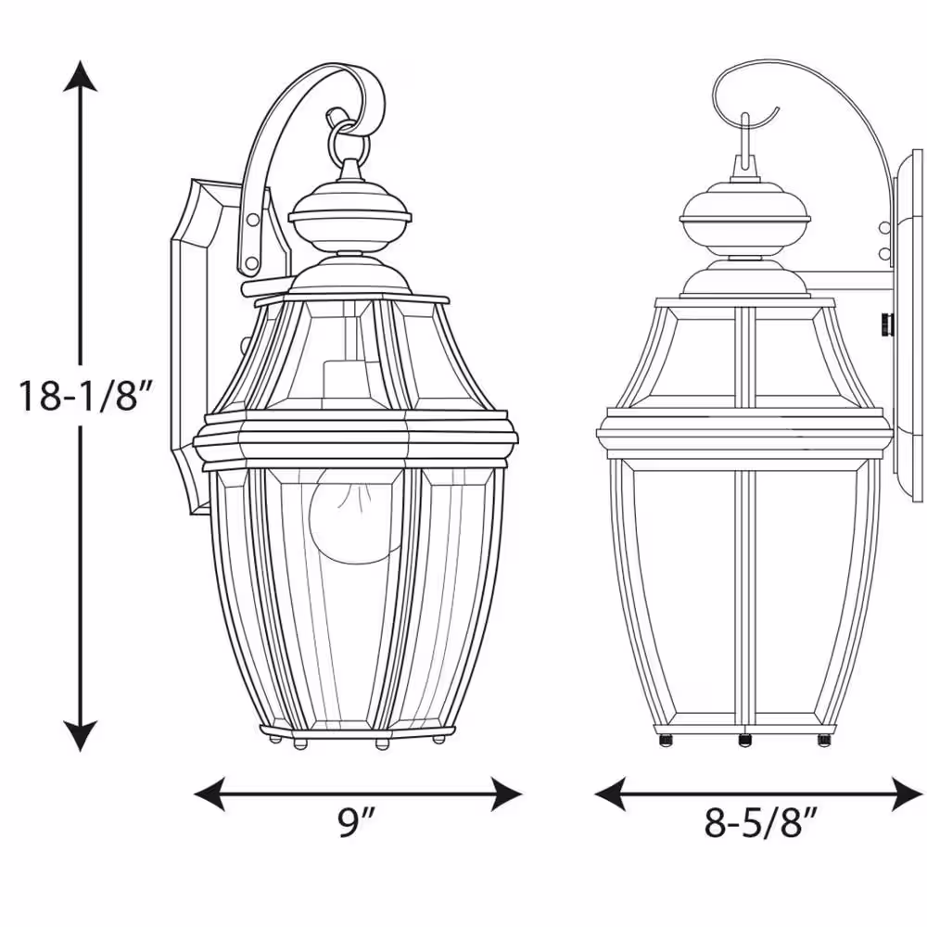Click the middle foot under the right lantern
click(743, 739)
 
